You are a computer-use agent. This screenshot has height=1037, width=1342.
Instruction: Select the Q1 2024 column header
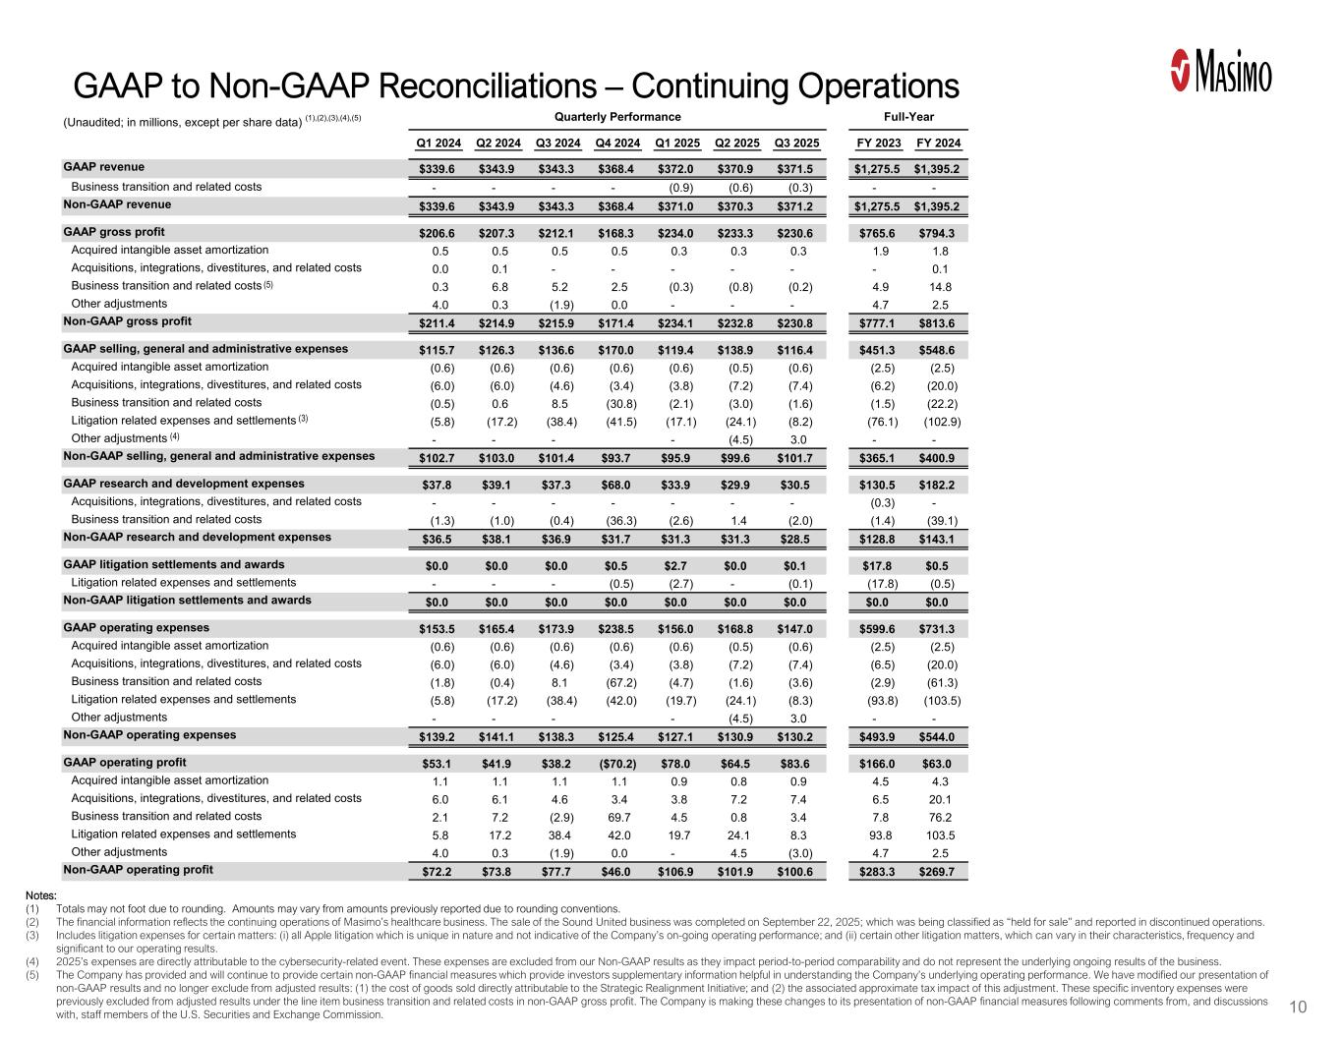pos(434,144)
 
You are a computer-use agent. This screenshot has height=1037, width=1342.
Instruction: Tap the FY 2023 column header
pos(878,144)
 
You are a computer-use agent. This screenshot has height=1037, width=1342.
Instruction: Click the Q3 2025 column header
pos(794,144)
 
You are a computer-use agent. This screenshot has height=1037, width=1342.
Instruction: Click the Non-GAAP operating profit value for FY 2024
pos(938,872)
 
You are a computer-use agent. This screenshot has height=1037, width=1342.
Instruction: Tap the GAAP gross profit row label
pos(113,232)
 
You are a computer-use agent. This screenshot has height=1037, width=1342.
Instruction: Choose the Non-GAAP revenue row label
pos(117,204)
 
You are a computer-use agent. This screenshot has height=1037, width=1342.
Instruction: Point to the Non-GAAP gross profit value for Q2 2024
pos(496,323)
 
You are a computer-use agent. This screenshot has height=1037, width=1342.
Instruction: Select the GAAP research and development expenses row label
pos(184,484)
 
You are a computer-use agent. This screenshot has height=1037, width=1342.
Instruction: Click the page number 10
pos(1298,1007)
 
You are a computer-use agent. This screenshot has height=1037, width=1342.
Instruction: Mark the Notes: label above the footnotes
pos(41,895)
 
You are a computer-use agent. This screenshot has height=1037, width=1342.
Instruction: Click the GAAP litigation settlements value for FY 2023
pos(878,566)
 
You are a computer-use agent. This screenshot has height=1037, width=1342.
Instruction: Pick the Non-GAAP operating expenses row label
pos(149,735)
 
